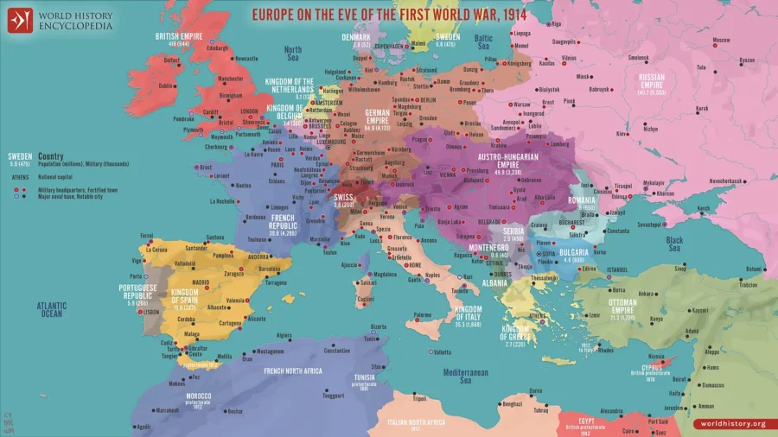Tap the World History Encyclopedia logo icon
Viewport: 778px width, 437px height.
[20, 19]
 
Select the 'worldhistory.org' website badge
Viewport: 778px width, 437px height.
[733, 423]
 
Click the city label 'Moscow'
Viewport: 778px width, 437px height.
[722, 41]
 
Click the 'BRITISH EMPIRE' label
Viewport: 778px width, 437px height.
[178, 36]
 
